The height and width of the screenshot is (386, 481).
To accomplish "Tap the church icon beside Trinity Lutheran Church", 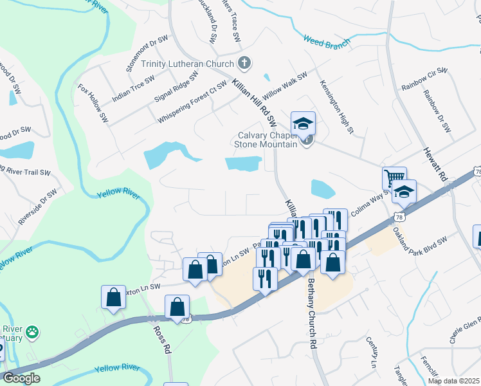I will click(x=244, y=63).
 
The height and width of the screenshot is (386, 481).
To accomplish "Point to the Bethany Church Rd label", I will click(x=311, y=313).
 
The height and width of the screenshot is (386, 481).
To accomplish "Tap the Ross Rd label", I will click(x=161, y=339).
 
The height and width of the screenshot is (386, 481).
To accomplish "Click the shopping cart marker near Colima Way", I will click(x=394, y=177).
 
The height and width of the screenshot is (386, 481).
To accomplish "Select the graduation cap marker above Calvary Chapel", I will click(x=303, y=122).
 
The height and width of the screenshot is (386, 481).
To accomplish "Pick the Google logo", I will click(x=21, y=378).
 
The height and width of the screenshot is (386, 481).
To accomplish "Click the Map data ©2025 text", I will click(x=453, y=381).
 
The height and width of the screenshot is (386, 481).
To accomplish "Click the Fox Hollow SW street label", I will click(x=93, y=103).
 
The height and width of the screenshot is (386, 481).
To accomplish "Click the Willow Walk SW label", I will click(x=285, y=85).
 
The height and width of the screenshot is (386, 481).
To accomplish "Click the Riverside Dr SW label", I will click(x=37, y=206).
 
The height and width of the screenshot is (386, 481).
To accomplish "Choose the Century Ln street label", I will click(x=371, y=351).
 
